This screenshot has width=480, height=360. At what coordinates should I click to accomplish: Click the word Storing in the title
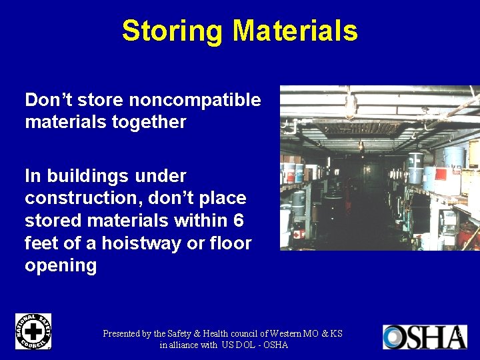point(173,31)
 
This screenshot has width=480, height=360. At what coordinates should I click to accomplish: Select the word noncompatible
point(195,100)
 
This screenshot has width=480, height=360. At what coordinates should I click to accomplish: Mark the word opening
point(61,265)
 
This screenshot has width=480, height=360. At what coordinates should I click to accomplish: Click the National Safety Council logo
point(33,331)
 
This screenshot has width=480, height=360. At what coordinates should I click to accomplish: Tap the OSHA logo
point(425,337)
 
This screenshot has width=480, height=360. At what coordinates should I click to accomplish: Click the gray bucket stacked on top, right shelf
point(453,157)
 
